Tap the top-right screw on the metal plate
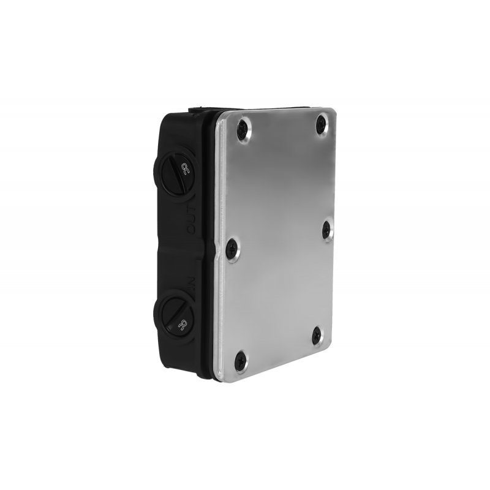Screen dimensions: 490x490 pos(321,125)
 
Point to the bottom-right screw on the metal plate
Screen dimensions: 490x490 pos(316,334)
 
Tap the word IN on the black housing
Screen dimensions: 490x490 pos(190,283)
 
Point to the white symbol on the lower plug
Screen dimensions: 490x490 pos(182,325)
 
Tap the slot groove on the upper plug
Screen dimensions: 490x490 pos(172,178)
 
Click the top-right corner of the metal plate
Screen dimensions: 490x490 pos(334,110)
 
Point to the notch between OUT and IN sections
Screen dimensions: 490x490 pos(190,248)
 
